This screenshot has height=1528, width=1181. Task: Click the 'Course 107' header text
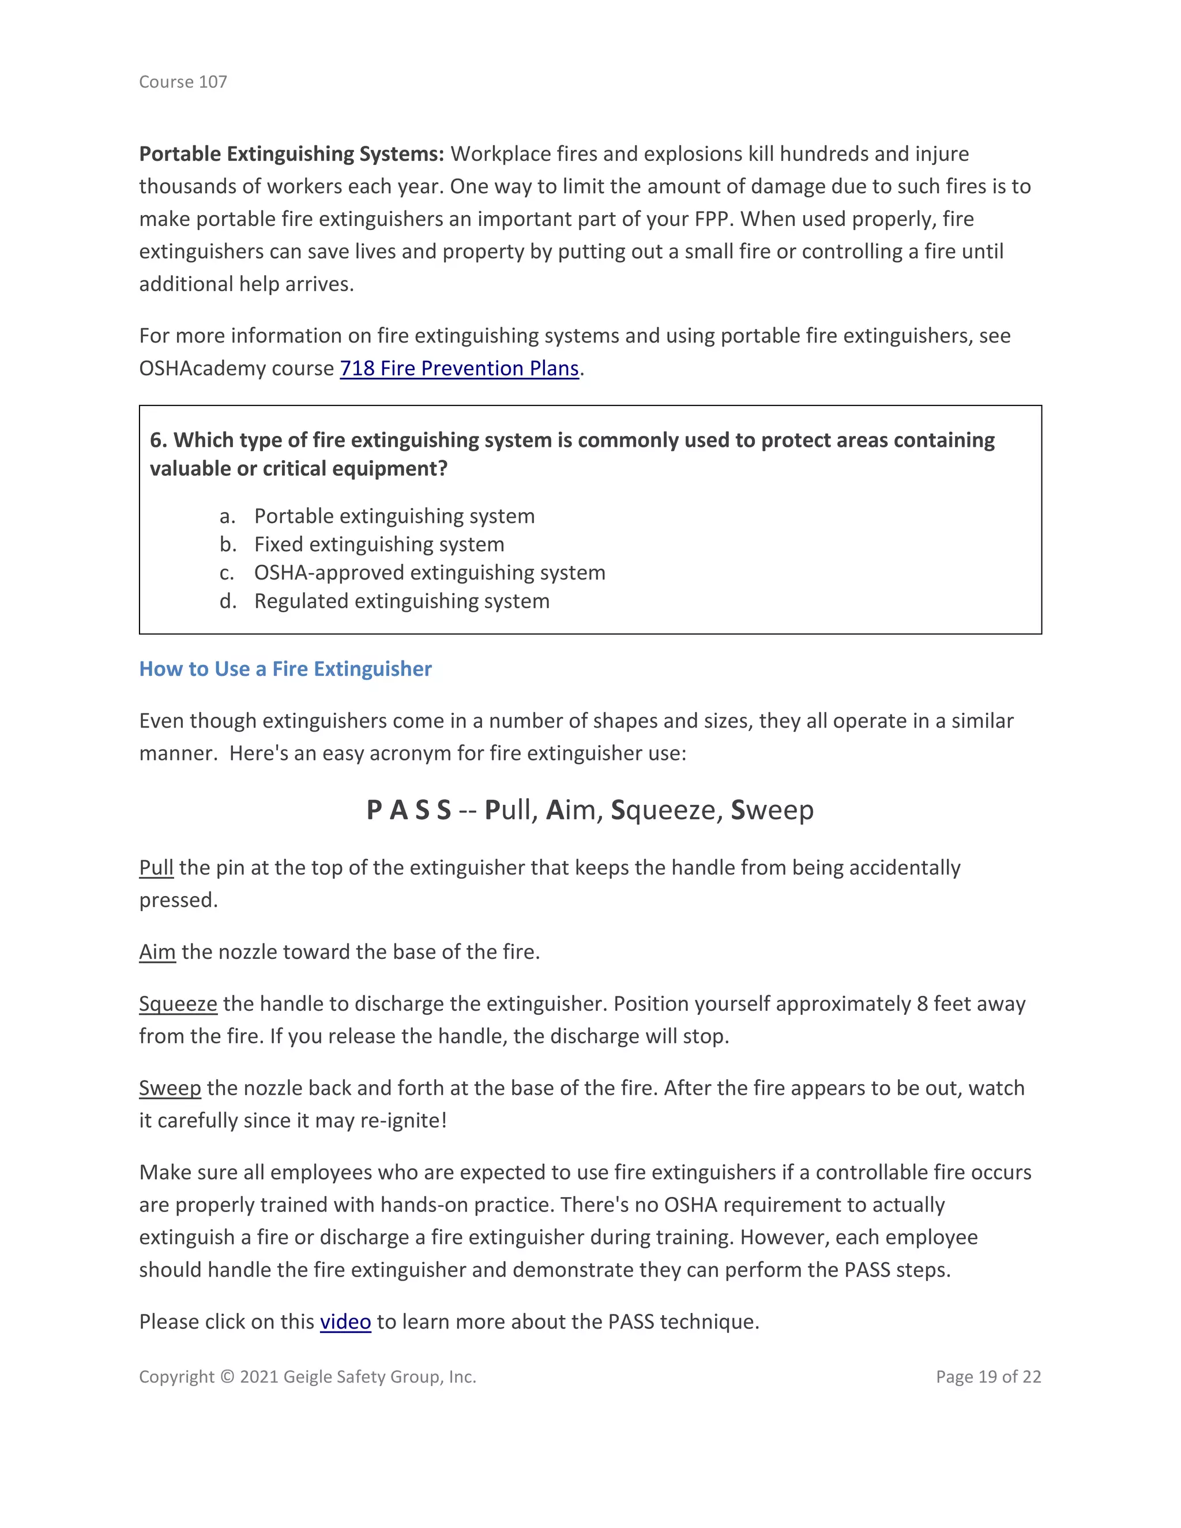point(183,82)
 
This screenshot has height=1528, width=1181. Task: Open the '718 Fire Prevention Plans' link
point(459,368)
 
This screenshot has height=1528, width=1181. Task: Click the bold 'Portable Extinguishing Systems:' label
point(291,154)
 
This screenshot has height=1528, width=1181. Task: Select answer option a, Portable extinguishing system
point(394,515)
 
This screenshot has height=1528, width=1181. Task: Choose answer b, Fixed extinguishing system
point(378,544)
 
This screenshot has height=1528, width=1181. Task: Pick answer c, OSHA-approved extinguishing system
point(429,573)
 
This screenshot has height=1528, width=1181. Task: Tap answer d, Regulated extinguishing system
point(401,601)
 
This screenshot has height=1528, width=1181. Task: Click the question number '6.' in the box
point(158,440)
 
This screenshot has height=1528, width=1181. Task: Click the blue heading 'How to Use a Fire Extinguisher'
point(285,669)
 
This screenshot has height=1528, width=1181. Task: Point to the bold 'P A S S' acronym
point(409,810)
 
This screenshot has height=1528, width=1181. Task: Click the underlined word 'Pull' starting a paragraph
point(156,868)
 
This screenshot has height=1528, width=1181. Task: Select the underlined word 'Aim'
point(157,952)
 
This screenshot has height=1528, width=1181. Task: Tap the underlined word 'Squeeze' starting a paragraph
point(178,1004)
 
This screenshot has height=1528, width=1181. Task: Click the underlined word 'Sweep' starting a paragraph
point(170,1088)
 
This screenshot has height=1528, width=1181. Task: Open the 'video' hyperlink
point(345,1322)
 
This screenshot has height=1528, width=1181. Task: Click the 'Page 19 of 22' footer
point(988,1377)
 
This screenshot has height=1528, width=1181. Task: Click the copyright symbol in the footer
point(227,1377)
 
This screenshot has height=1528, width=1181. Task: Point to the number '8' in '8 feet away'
point(922,1004)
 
